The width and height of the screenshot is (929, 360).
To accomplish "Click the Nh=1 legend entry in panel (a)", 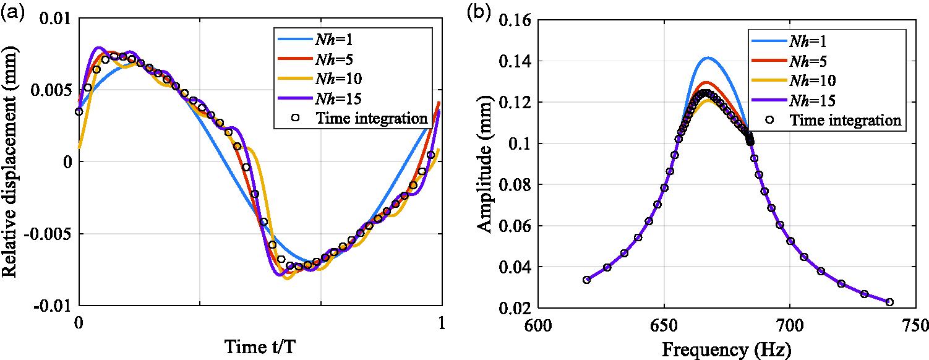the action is point(315,40).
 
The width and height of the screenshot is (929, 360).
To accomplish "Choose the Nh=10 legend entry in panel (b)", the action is point(792,80).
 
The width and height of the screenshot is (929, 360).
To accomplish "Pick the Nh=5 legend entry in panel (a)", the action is point(315,59).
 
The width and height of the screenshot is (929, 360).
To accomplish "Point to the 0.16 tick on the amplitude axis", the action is point(515,20).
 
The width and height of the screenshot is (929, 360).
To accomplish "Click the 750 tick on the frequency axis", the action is point(915,325).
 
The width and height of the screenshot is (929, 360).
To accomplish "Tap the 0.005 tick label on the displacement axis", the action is point(51,90).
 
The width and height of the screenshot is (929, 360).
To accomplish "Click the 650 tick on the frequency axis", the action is point(664,325).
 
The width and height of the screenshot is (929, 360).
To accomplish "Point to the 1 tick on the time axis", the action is point(441,323).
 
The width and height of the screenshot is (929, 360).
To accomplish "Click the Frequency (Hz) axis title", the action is point(727,349).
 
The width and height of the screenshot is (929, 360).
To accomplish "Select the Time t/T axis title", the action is point(260,346).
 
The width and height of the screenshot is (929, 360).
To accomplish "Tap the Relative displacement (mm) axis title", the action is point(9,161).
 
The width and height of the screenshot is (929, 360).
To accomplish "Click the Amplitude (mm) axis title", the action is point(484,165).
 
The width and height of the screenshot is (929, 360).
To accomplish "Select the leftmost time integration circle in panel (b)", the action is point(586,280).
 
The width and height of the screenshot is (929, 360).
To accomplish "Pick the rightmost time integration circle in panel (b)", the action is point(889,302).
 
